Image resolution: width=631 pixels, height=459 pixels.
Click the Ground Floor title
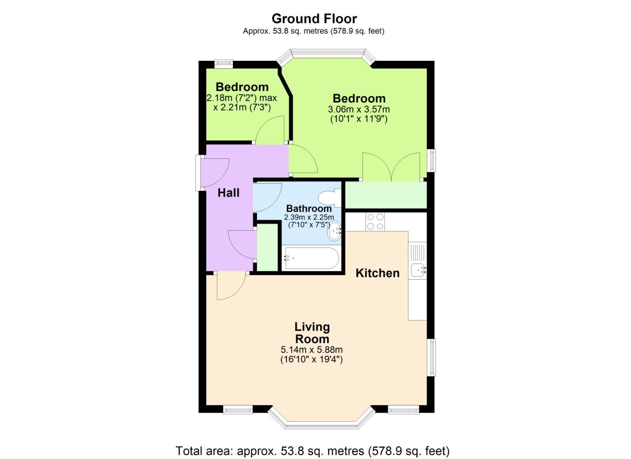click(x=314, y=19)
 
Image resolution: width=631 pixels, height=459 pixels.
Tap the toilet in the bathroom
click(x=328, y=198)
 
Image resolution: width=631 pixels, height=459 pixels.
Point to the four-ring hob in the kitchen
click(x=375, y=222)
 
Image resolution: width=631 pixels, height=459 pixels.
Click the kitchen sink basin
click(x=417, y=269)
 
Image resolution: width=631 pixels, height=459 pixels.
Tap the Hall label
click(x=229, y=193)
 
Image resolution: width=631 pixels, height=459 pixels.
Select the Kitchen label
click(x=377, y=273)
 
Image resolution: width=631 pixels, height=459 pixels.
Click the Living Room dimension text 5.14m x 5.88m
click(x=311, y=350)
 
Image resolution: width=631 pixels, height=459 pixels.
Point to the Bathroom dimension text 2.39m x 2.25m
click(x=309, y=217)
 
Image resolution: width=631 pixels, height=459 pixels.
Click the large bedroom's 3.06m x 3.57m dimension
click(x=359, y=109)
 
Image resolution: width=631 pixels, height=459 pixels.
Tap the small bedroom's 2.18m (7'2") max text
click(x=241, y=98)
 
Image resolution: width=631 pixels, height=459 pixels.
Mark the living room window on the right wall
click(x=431, y=357)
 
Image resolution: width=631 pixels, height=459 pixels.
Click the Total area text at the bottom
click(x=312, y=450)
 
